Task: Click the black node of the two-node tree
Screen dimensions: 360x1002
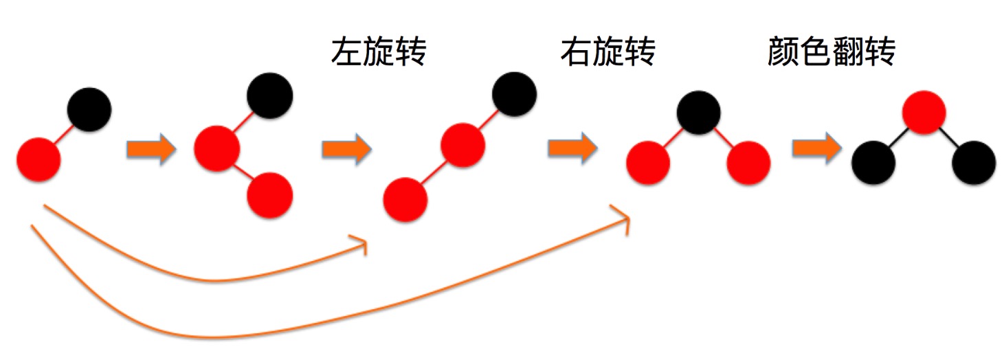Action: pos(89,108)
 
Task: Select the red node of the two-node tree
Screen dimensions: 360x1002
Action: pos(39,159)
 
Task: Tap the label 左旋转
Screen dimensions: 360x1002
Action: pos(379,52)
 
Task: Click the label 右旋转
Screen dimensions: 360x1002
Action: pos(608,52)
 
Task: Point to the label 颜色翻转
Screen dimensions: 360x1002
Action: pos(831,52)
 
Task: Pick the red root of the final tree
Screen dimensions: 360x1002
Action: pos(924,112)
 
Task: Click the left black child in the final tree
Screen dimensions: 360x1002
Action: pos(873,164)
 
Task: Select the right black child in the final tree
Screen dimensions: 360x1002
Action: pos(974,164)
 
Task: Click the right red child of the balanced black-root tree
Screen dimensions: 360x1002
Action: pos(748,164)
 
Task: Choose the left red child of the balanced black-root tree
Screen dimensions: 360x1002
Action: pos(648,164)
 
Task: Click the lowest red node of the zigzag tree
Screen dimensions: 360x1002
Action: pos(270,194)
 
